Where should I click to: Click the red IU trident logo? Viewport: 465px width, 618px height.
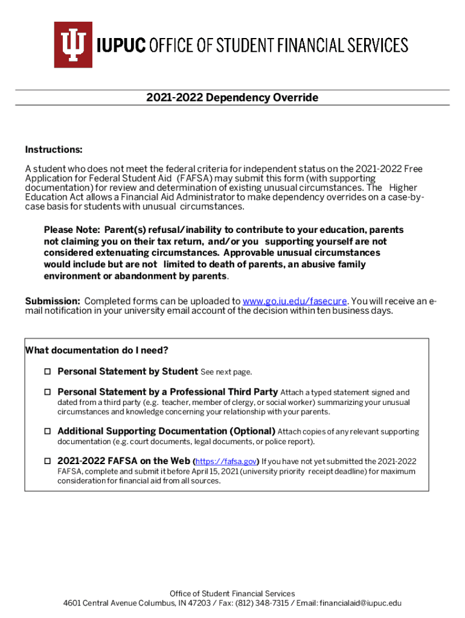click(73, 45)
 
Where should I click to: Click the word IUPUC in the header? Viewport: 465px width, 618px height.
click(120, 45)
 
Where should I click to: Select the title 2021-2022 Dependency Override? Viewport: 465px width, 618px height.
click(232, 98)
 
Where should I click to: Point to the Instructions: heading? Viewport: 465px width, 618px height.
click(53, 150)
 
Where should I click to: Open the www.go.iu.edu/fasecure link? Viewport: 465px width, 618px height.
click(295, 301)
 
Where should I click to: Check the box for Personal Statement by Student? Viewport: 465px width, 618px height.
click(46, 372)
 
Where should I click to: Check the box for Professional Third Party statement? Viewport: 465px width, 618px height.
click(46, 392)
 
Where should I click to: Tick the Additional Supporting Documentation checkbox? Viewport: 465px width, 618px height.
click(46, 432)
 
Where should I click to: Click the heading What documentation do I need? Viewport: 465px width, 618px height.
click(97, 351)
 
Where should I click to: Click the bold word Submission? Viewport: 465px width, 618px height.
click(53, 301)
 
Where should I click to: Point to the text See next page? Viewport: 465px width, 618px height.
click(226, 372)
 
